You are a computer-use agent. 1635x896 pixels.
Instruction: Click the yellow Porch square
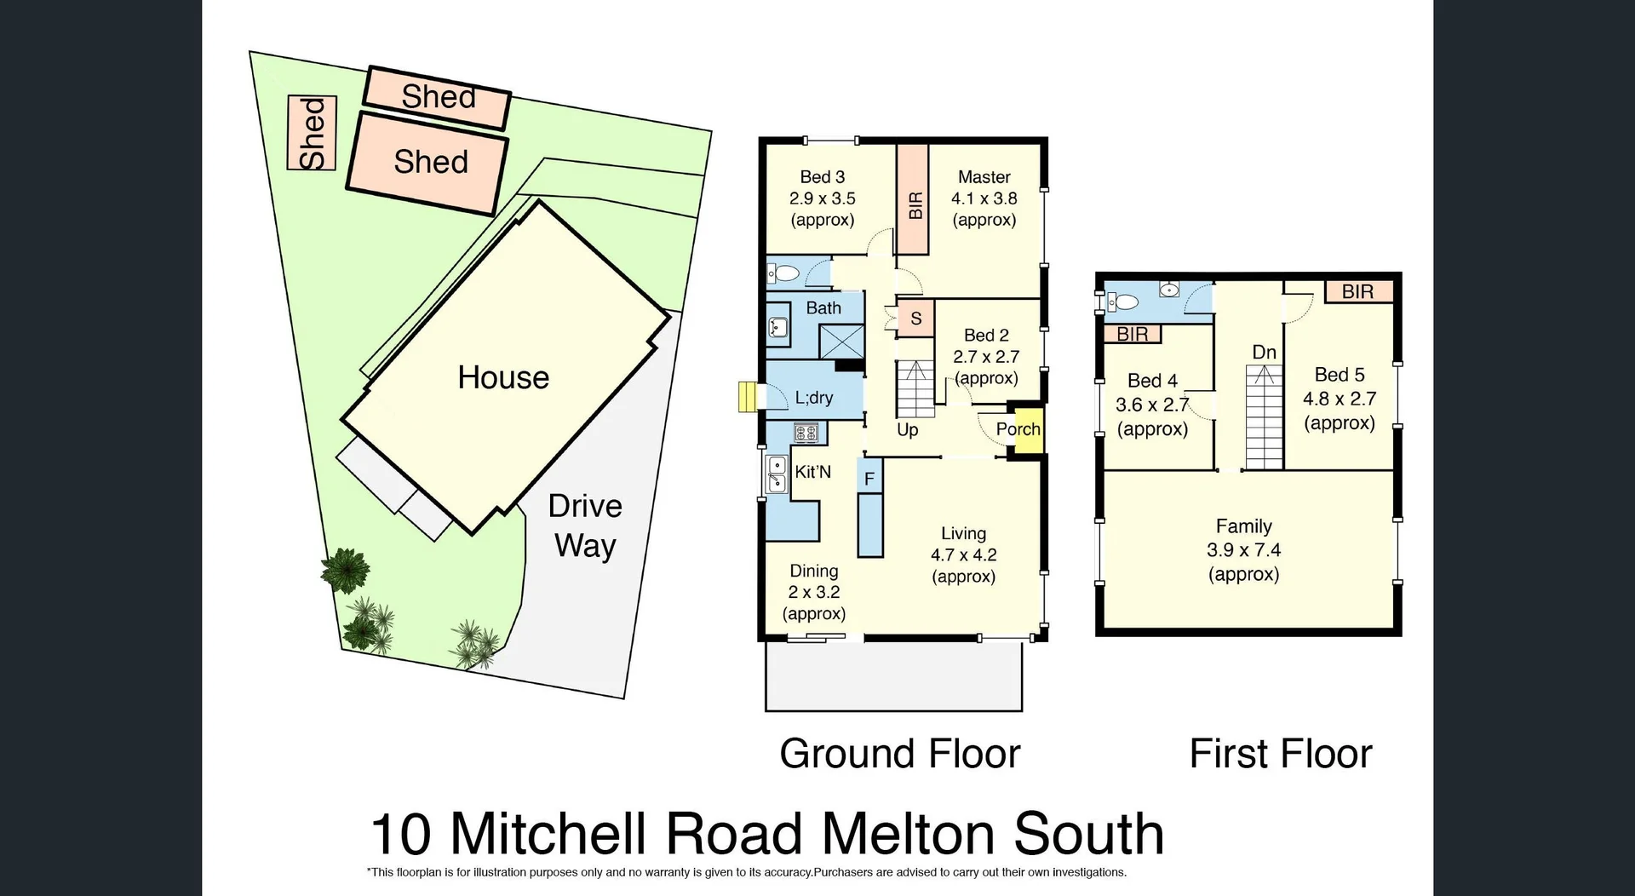(1024, 430)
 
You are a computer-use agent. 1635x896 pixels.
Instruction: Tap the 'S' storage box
(916, 319)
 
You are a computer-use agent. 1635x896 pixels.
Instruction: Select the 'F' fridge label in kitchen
(869, 479)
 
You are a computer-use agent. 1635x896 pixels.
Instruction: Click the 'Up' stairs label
(907, 429)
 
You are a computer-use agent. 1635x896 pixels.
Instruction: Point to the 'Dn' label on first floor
(1264, 352)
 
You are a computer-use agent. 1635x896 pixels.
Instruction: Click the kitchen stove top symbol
(806, 433)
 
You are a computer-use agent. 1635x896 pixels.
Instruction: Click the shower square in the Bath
(841, 341)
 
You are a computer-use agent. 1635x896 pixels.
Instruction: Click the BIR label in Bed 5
(1358, 292)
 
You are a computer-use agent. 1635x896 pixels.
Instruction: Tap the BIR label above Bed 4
(1133, 334)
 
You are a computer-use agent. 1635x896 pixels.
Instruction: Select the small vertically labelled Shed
(312, 133)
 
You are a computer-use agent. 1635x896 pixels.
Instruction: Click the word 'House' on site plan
(503, 377)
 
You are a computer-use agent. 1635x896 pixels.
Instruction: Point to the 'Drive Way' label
(585, 526)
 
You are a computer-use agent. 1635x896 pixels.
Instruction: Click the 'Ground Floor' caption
(899, 754)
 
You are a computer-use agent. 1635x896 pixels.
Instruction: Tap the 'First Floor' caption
(1280, 754)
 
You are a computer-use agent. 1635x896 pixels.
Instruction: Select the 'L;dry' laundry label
(814, 398)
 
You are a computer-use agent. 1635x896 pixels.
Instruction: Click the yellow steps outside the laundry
(747, 397)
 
